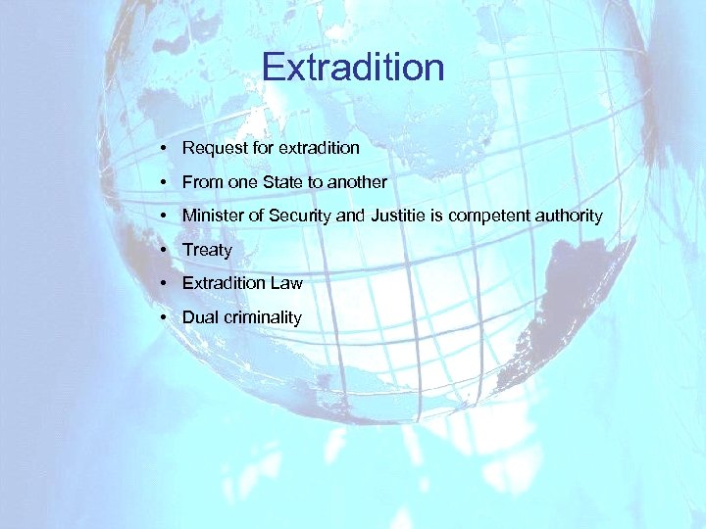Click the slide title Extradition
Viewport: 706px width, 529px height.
[353, 68]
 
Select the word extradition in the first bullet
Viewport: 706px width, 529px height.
[319, 149]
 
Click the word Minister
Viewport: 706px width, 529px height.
[213, 216]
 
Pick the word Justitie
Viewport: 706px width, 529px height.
[398, 216]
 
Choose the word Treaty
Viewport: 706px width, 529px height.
[207, 250]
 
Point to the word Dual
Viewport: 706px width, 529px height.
[200, 317]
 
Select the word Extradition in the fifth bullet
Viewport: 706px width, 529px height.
[224, 283]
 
